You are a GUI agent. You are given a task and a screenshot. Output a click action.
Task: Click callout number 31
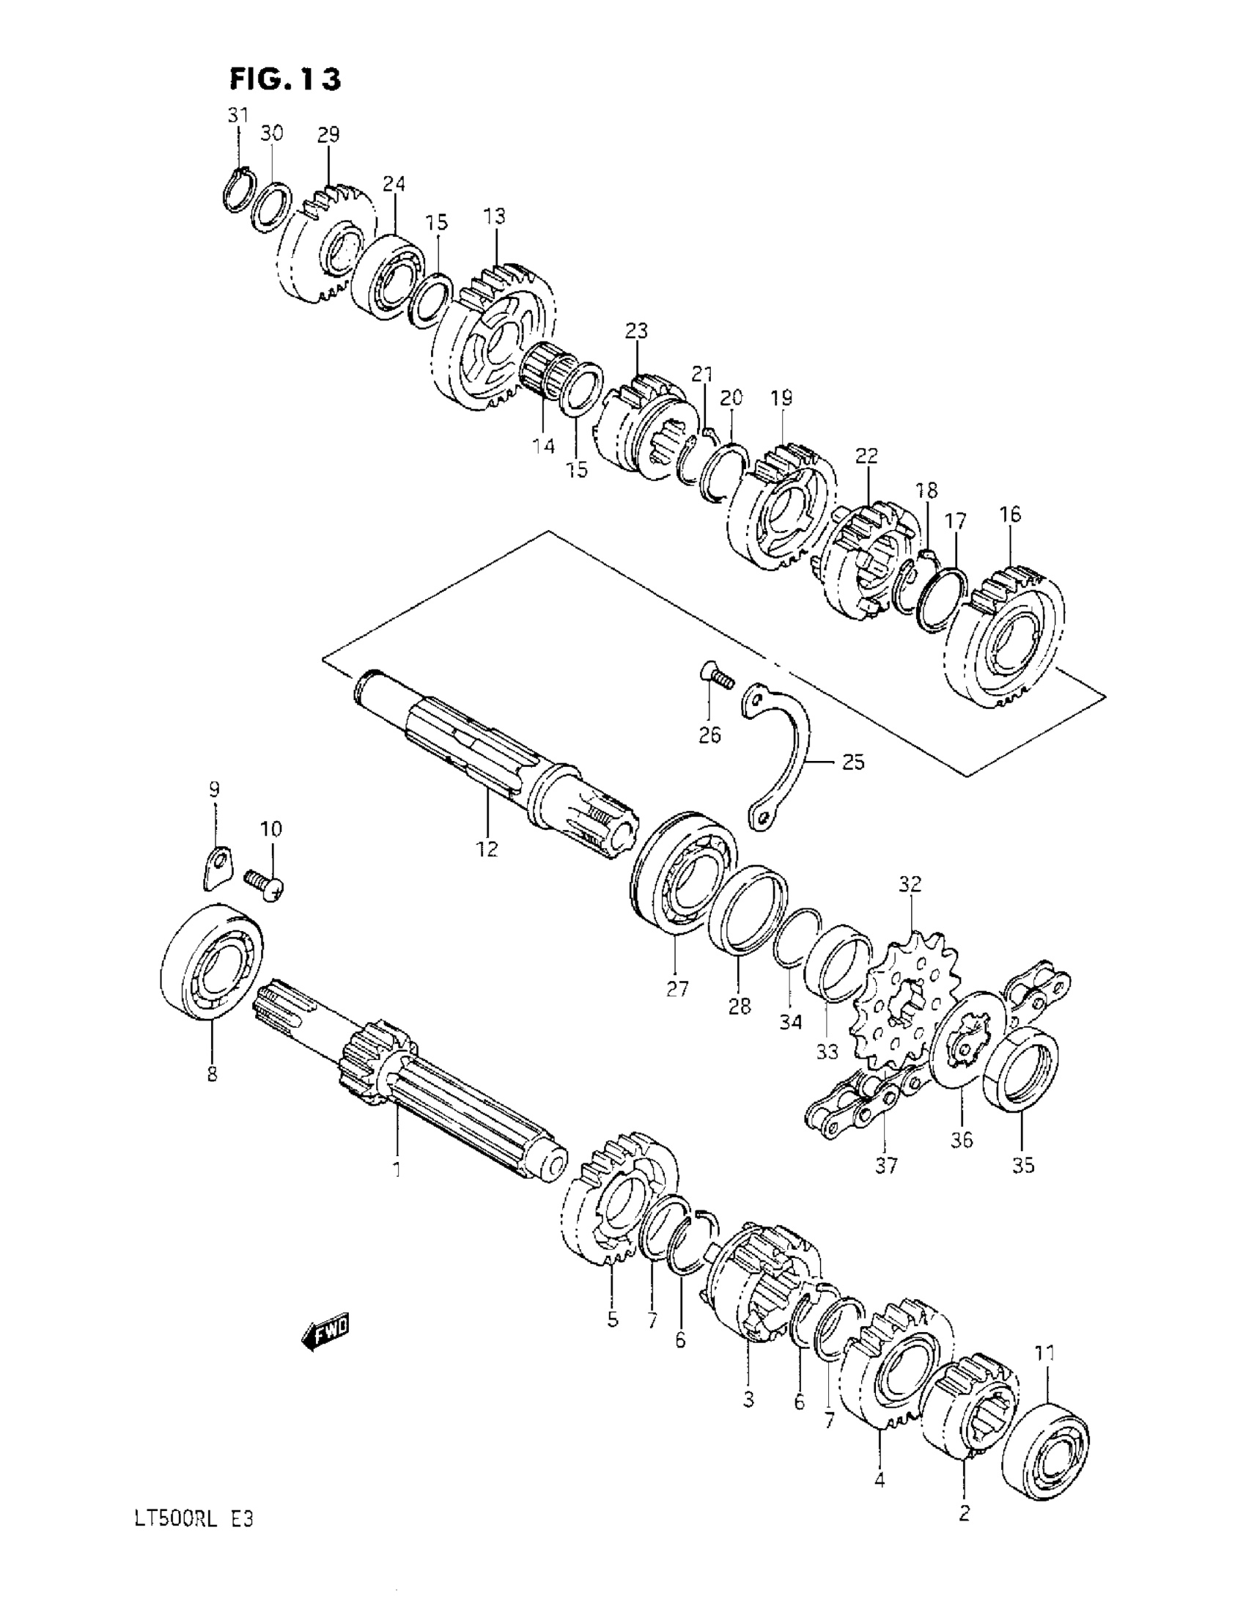tap(237, 116)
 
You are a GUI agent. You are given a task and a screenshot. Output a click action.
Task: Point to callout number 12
tap(487, 848)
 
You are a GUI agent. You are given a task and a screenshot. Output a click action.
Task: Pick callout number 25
tap(853, 762)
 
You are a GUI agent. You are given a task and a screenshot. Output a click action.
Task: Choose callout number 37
tap(886, 1166)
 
